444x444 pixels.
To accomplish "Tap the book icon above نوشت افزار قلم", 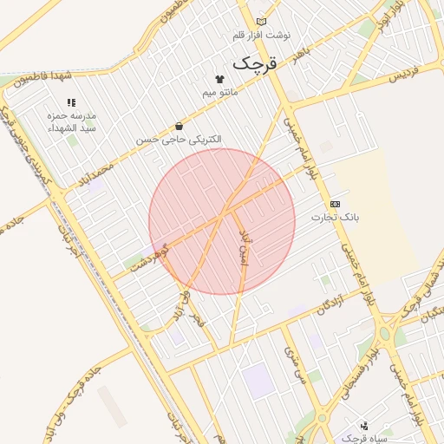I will (x=262, y=22).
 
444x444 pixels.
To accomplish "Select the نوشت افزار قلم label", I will (x=262, y=36).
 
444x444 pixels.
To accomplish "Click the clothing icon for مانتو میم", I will (x=219, y=79).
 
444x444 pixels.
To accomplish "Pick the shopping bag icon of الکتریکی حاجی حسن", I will (x=179, y=126).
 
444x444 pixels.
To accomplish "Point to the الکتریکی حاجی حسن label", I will (x=179, y=139).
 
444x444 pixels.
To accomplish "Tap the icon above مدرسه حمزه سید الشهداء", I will (x=71, y=103).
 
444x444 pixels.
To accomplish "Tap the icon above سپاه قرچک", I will (x=363, y=426).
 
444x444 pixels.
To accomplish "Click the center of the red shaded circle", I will (x=222, y=222).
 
